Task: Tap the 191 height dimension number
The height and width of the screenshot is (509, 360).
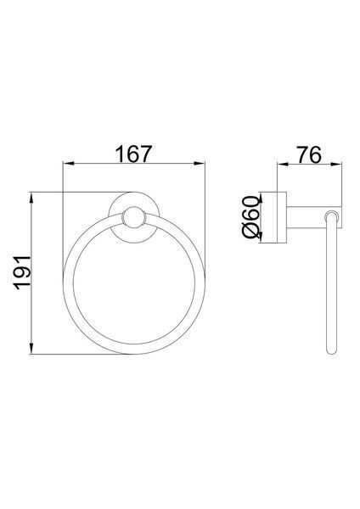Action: point(22,272)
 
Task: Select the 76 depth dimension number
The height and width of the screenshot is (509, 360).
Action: point(309,154)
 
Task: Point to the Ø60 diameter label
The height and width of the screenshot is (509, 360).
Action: point(251,217)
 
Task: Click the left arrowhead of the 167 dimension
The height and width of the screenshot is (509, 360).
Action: point(69,163)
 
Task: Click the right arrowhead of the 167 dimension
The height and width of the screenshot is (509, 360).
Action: point(200,163)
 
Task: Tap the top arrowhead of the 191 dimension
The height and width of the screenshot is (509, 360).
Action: point(31,198)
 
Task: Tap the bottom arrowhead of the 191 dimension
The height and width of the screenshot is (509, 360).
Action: point(31,349)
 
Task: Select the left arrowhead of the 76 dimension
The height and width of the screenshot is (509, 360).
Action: point(283,165)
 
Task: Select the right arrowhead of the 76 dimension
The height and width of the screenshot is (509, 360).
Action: point(336,165)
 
